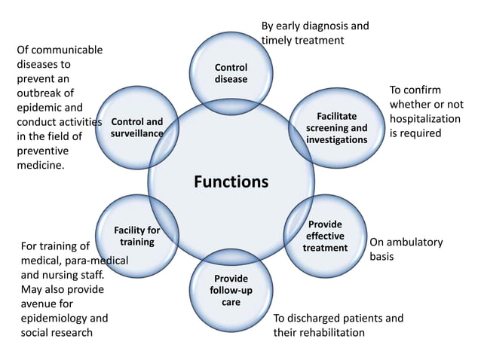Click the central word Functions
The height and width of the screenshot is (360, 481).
pyautogui.click(x=231, y=182)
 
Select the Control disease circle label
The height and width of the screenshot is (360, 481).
pyautogui.click(x=231, y=73)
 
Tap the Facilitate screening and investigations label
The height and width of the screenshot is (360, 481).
pyautogui.click(x=337, y=128)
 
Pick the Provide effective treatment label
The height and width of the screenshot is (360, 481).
pyautogui.click(x=325, y=236)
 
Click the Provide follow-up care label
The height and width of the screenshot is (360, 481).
pyautogui.click(x=231, y=290)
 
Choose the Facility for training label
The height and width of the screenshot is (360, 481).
pyautogui.click(x=136, y=236)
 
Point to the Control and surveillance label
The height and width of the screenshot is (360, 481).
pyautogui.click(x=136, y=127)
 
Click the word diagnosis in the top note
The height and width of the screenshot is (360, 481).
pyautogui.click(x=324, y=26)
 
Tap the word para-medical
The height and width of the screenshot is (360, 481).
pyautogui.click(x=96, y=261)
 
